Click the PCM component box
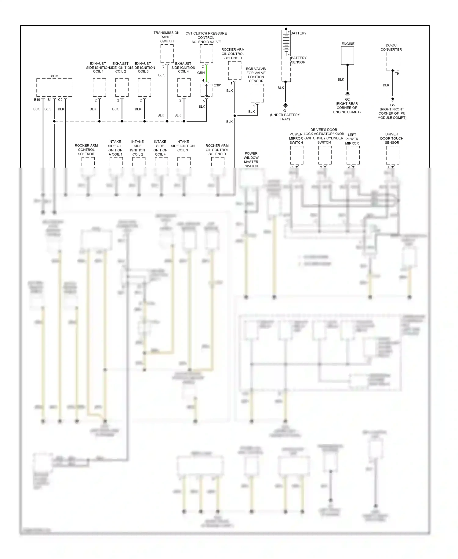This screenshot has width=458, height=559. click(x=54, y=87)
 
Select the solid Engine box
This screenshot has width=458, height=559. click(x=347, y=56)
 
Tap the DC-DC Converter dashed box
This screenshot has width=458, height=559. click(x=392, y=61)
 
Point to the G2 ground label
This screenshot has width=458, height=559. click(x=347, y=99)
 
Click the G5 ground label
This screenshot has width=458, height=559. click(x=392, y=105)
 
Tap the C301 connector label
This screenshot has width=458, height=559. click(x=217, y=85)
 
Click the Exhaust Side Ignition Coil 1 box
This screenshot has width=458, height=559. click(x=99, y=87)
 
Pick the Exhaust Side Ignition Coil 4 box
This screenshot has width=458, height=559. click(x=184, y=87)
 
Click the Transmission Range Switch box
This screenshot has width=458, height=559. click(x=167, y=54)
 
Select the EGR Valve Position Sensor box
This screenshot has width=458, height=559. click(x=257, y=93)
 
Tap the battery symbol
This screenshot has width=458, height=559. click(x=286, y=43)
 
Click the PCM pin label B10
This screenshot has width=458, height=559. click(x=37, y=100)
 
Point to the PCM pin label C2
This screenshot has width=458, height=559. click(x=60, y=100)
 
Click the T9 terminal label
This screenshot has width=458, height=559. click(x=397, y=74)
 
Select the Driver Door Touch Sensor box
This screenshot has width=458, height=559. click(x=392, y=155)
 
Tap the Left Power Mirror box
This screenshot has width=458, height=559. click(x=353, y=155)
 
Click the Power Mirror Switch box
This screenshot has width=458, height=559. click(x=296, y=155)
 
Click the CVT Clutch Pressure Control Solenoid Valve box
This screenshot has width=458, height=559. click(x=206, y=54)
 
